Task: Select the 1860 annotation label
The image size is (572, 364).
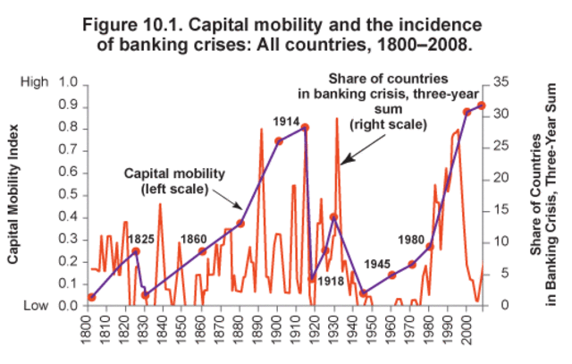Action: [x=194, y=239]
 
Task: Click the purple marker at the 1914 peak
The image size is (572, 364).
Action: [x=305, y=128]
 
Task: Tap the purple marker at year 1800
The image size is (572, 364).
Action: [x=91, y=297]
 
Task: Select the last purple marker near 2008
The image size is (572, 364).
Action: [x=482, y=106]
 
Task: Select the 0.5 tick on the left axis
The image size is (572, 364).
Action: [x=66, y=194]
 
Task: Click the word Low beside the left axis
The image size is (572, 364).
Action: [x=34, y=306]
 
